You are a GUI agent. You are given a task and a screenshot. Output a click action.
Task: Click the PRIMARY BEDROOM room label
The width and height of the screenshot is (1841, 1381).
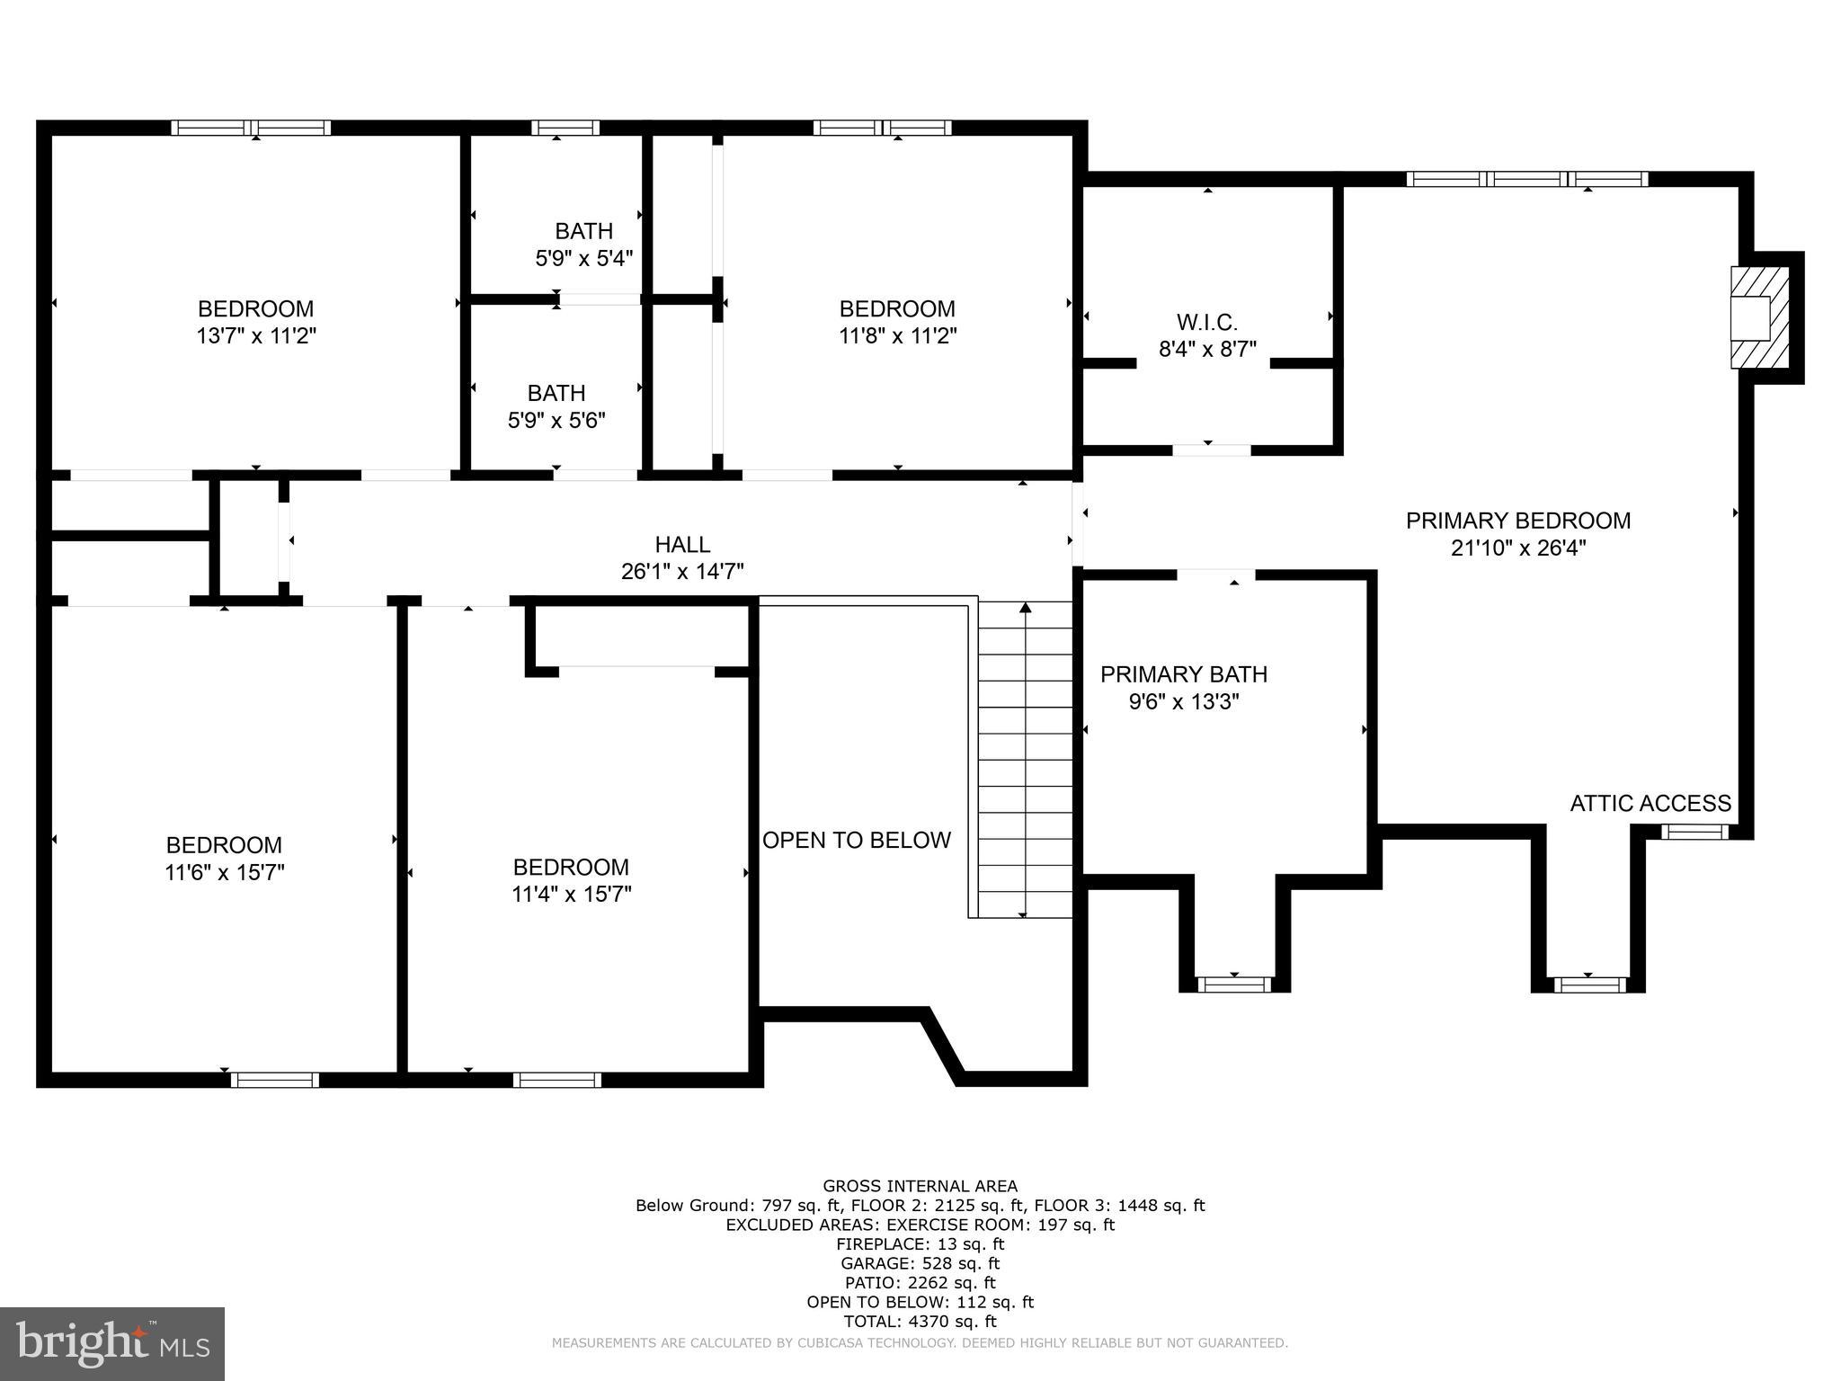(1517, 521)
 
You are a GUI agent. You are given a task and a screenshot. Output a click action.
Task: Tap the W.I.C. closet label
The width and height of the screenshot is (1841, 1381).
(1207, 322)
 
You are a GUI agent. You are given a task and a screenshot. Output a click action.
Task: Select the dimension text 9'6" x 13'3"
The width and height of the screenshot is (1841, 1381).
(1184, 702)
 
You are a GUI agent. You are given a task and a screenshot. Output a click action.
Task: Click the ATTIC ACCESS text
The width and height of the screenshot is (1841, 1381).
(1650, 804)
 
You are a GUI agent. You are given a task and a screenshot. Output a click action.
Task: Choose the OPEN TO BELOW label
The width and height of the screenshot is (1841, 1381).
(856, 840)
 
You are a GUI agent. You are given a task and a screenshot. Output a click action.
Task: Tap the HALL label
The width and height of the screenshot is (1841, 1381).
(682, 545)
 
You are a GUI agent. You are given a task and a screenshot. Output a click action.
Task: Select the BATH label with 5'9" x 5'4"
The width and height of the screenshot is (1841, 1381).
(583, 232)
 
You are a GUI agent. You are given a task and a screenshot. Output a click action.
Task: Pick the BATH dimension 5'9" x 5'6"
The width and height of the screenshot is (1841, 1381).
(556, 421)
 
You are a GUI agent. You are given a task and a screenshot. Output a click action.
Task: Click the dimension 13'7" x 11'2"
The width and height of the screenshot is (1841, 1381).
(256, 336)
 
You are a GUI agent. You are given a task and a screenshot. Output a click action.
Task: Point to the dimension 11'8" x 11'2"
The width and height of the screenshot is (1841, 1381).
(897, 336)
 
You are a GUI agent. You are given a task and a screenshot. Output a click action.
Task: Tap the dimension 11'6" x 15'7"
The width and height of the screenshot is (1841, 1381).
(224, 873)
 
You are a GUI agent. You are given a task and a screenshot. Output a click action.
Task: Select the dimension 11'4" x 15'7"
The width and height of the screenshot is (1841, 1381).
(571, 895)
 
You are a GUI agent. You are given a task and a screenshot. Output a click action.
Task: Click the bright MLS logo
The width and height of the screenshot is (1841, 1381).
(111, 1343)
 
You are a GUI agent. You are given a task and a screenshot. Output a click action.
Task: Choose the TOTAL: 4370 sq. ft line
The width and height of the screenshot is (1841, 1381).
(920, 1322)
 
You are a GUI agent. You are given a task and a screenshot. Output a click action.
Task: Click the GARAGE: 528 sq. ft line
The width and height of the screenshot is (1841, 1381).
(920, 1263)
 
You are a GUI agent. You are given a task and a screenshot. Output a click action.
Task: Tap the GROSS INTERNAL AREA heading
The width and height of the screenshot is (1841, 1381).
(920, 1186)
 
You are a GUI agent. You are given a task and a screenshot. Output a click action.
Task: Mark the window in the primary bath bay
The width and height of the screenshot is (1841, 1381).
(1233, 985)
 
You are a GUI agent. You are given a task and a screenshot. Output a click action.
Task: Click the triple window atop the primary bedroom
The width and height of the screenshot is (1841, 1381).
(1526, 179)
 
